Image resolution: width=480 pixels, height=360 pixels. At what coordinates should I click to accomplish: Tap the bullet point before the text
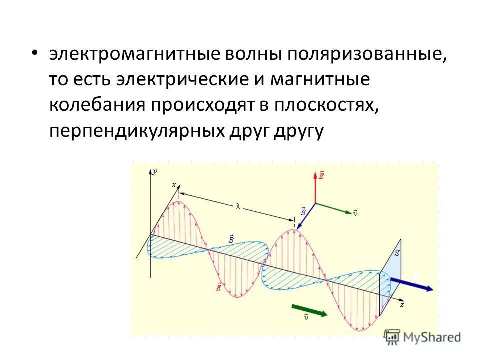point(34,53)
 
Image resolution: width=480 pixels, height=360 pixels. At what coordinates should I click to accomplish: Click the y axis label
point(155,171)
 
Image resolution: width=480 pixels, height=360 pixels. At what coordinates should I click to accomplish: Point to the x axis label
point(174,185)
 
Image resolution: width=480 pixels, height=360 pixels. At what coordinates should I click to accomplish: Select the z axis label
point(402,304)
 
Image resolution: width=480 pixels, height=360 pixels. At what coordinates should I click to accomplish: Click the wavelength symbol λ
point(239,205)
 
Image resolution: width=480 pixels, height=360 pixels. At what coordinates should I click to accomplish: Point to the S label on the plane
point(397,253)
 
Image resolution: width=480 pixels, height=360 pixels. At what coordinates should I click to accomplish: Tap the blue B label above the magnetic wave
point(231,239)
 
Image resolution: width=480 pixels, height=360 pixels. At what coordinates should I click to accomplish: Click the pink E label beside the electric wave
point(218,287)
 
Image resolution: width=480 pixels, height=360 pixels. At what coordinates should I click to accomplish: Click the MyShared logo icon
point(393,337)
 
